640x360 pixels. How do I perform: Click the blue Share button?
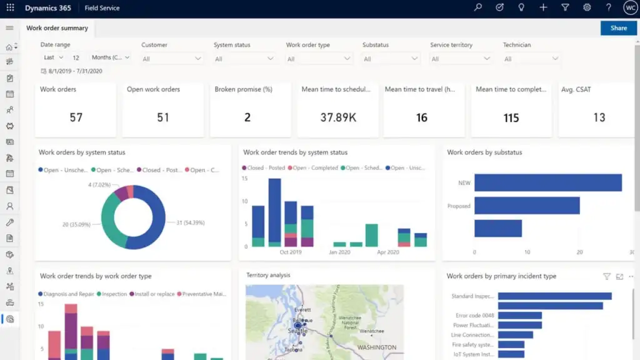[x=618, y=28]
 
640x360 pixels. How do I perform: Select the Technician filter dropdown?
[x=531, y=59]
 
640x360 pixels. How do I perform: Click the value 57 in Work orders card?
[x=76, y=117]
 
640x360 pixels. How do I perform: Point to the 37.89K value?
[x=337, y=117]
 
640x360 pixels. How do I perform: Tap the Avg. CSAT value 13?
[x=599, y=117]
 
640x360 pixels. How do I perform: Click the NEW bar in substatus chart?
[x=547, y=182]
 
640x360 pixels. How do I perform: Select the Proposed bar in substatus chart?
[x=526, y=206]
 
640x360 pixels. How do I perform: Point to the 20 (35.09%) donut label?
[x=76, y=224]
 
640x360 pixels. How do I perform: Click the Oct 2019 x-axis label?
[x=291, y=252]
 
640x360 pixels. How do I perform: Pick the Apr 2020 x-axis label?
[x=387, y=252]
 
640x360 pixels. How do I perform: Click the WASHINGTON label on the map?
[x=376, y=347]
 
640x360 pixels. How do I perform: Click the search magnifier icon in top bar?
[x=478, y=8]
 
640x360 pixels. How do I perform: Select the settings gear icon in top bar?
[x=587, y=8]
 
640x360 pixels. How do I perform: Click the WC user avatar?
[x=630, y=8]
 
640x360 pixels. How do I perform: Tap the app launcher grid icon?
[x=10, y=8]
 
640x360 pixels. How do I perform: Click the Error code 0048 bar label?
[x=473, y=316]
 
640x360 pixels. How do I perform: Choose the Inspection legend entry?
[x=113, y=294]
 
